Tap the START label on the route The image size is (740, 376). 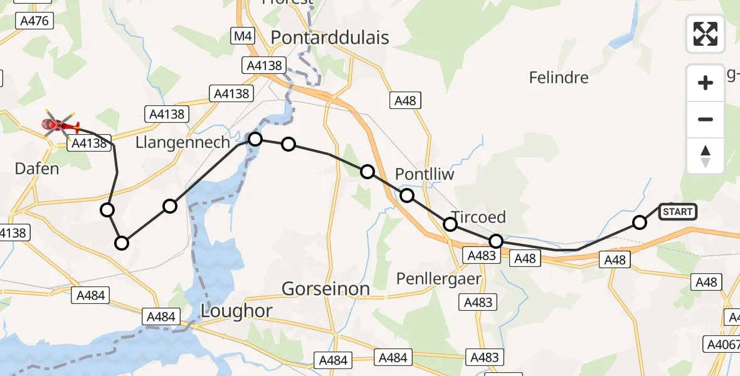677,212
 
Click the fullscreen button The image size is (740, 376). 706,34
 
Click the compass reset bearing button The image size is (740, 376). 706,156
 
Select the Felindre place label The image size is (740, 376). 559,78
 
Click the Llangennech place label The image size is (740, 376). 183,143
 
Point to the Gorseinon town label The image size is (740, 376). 325,289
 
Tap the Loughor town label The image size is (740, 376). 236,310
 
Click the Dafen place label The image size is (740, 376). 37,169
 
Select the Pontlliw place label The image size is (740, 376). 425,174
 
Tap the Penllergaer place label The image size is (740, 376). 439,278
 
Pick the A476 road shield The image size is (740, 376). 34,21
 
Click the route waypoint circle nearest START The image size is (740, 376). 639,222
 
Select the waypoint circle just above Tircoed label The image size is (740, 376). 450,224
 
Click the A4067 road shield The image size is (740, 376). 721,343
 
